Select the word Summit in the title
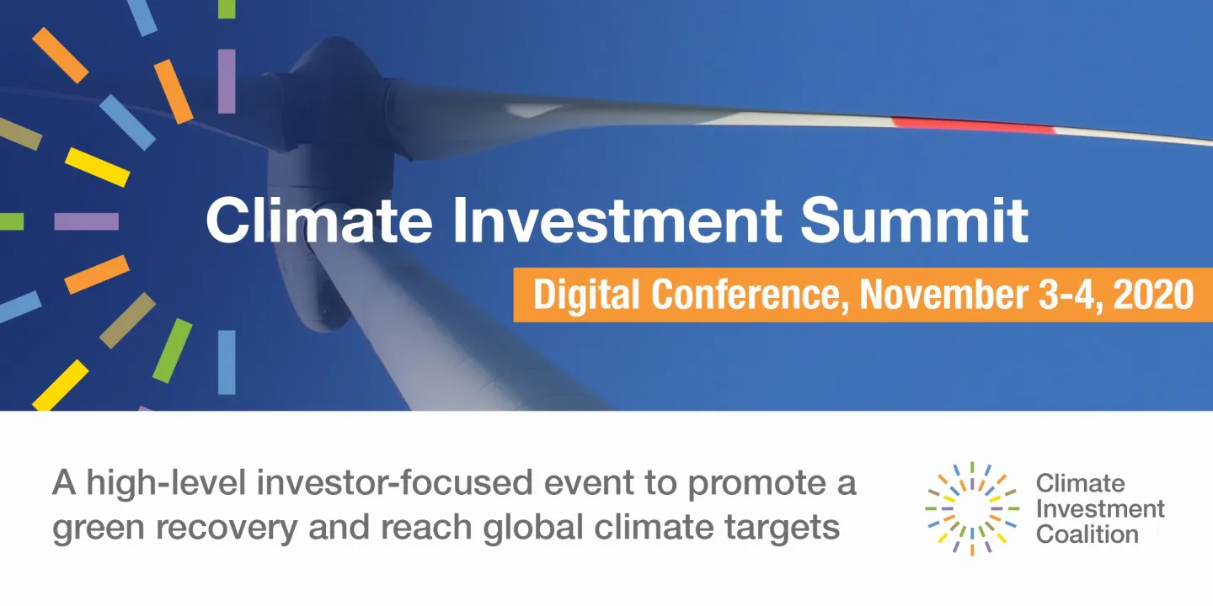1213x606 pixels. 914,220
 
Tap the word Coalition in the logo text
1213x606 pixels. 1087,534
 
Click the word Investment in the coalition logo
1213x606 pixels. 1100,508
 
